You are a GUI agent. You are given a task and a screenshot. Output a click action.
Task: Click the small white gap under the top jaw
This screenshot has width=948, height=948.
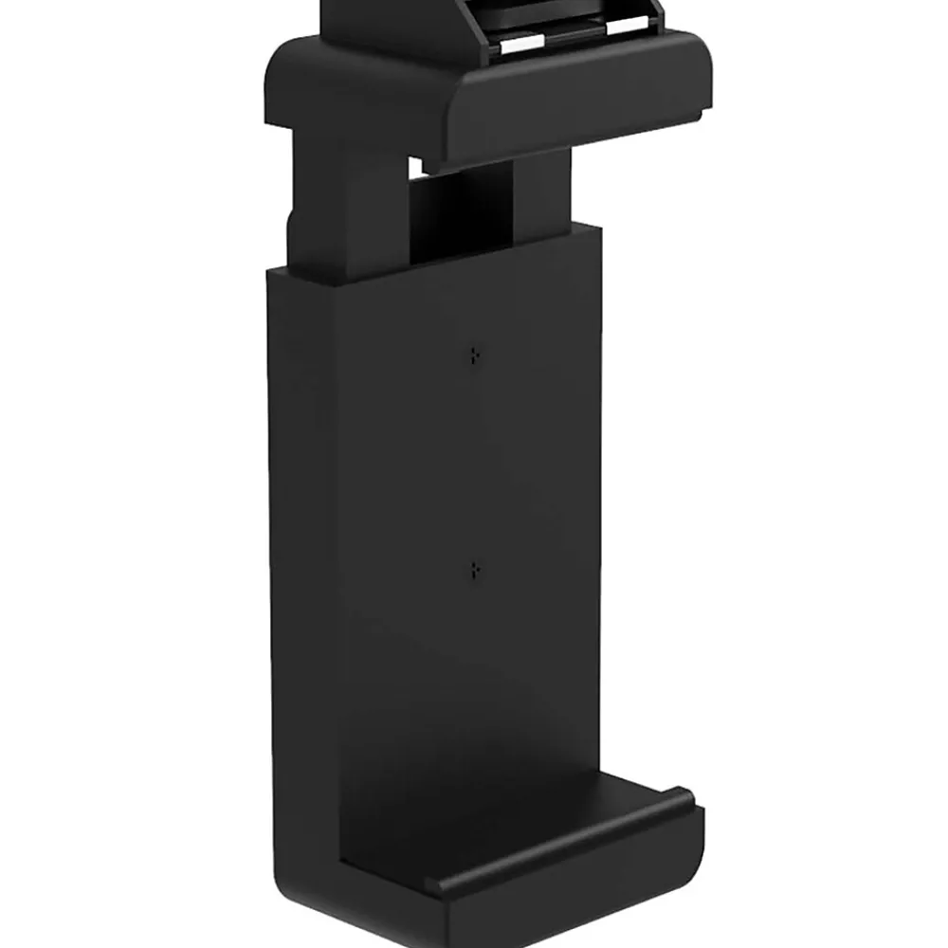click(415, 168)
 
